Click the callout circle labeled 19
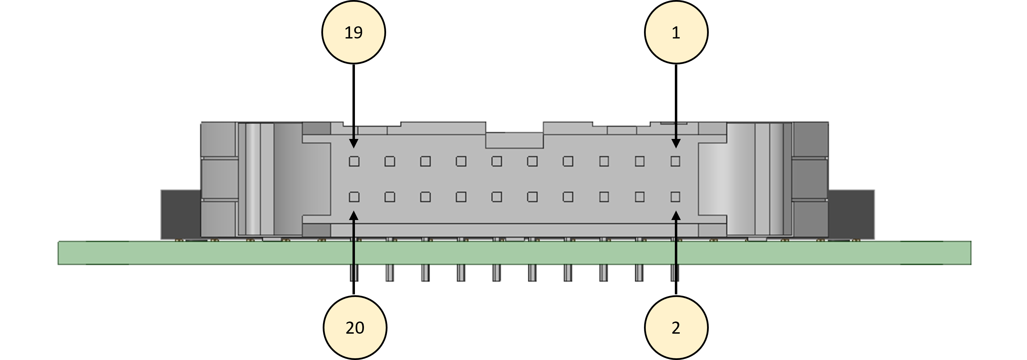[354, 32]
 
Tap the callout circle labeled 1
[676, 32]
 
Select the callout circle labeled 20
[355, 328]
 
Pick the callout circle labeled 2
[676, 328]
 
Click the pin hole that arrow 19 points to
[354, 161]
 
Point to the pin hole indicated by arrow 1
[675, 161]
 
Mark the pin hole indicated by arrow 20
[354, 197]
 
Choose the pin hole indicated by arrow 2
[675, 197]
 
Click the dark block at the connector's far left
[181, 214]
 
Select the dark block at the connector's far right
[851, 214]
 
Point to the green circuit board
[514, 253]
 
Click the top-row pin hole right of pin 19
[390, 161]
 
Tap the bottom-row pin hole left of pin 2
[639, 197]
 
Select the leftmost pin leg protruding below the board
[354, 273]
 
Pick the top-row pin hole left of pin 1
[639, 161]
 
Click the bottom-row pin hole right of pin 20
[390, 197]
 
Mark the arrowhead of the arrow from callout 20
[354, 215]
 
